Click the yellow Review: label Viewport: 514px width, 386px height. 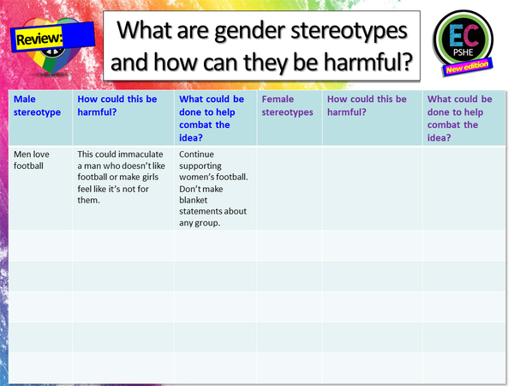pos(39,38)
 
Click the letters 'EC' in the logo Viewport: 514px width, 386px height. pos(463,32)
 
